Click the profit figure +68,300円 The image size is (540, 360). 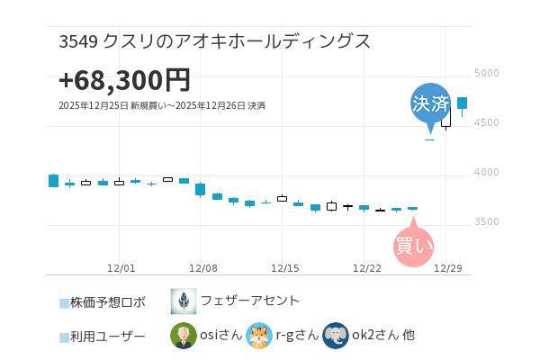point(124,80)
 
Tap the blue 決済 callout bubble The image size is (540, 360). point(430,103)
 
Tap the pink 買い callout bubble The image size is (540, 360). point(414,245)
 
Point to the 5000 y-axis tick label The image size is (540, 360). point(486,74)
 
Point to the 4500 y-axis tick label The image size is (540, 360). point(486,123)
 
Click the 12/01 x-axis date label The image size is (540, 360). point(121,268)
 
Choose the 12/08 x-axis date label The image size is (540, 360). point(203,268)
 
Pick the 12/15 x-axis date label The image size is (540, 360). point(284,268)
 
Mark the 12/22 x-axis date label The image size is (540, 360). point(367,268)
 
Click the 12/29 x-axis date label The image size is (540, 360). point(448,268)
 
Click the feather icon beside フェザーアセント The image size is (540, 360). point(184,301)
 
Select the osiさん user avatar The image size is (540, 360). point(184,336)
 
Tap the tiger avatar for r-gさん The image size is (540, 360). point(259,336)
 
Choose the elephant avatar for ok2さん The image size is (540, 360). point(336,336)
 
